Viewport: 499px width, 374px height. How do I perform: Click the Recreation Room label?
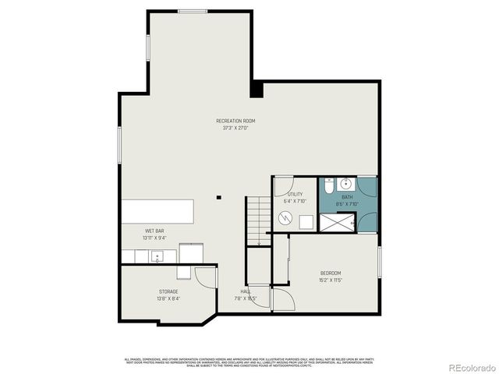pyautogui.click(x=235, y=121)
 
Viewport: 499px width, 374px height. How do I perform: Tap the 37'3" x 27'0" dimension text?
pyautogui.click(x=235, y=128)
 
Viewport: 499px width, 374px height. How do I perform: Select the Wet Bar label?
pyautogui.click(x=154, y=231)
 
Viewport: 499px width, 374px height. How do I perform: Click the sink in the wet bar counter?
pyautogui.click(x=157, y=256)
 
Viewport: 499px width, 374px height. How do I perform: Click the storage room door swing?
pyautogui.click(x=204, y=278)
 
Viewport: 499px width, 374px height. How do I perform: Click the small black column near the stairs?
pyautogui.click(x=219, y=198)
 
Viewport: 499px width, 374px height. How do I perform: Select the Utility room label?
pyautogui.click(x=295, y=194)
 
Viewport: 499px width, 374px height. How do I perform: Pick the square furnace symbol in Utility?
pyautogui.click(x=306, y=221)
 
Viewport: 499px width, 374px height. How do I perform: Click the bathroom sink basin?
pyautogui.click(x=348, y=185)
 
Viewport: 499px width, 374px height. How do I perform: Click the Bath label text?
pyautogui.click(x=347, y=197)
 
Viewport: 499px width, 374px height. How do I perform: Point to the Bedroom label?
pyautogui.click(x=331, y=273)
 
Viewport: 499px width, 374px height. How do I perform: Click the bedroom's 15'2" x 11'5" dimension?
pyautogui.click(x=331, y=280)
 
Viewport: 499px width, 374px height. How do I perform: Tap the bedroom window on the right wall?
pyautogui.click(x=380, y=262)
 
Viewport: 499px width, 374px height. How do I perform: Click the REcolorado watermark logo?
pyautogui.click(x=465, y=366)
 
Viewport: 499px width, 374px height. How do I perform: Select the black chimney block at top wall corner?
pyautogui.click(x=257, y=90)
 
